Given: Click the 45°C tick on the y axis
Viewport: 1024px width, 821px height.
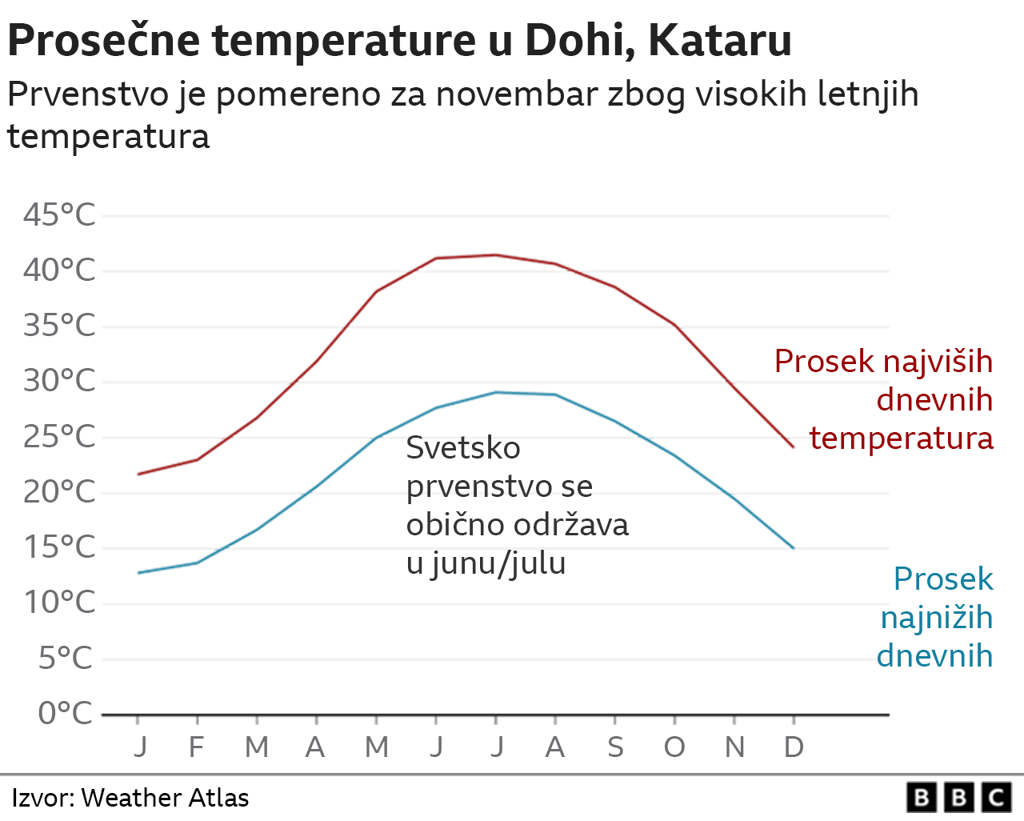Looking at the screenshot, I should (x=59, y=214).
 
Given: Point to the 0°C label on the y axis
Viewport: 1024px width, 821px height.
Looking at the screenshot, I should (x=65, y=712).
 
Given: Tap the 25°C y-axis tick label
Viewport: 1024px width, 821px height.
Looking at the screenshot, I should (x=59, y=436).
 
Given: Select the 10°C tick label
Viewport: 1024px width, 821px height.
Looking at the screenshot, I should (x=59, y=602).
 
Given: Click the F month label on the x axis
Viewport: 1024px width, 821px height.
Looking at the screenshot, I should (x=196, y=747).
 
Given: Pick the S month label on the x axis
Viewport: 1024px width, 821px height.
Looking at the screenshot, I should (x=615, y=747).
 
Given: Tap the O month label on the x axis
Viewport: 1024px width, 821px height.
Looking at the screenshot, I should (x=674, y=747).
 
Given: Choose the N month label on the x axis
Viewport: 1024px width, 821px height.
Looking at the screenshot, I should (x=734, y=747).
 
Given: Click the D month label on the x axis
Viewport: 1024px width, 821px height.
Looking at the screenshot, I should (x=794, y=747).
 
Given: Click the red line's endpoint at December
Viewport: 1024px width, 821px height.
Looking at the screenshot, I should (x=794, y=447).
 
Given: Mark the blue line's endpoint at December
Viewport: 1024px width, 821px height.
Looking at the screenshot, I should (x=794, y=548).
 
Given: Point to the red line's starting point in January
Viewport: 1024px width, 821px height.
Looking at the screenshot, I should (x=138, y=475).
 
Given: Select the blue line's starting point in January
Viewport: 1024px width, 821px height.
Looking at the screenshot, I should (x=138, y=573).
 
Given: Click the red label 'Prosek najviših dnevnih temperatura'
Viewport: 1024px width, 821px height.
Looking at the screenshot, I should (x=884, y=399).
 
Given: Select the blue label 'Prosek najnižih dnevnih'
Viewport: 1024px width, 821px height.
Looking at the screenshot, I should (x=936, y=617).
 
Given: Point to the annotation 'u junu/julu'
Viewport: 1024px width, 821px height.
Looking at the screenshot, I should (x=486, y=563).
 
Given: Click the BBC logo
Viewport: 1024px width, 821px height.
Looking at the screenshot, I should (x=958, y=798).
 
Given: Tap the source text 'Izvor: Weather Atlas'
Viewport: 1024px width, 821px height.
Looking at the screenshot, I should (x=130, y=798).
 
